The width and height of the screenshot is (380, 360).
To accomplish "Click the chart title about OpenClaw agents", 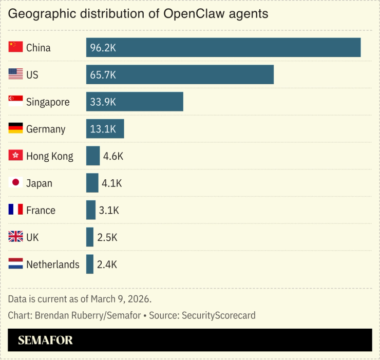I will [138, 14].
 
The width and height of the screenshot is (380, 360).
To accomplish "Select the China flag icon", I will [15, 47].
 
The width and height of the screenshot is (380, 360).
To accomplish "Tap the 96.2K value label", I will [103, 48].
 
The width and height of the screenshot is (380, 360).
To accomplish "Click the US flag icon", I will [15, 74].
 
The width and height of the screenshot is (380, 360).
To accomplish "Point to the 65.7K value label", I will [103, 75].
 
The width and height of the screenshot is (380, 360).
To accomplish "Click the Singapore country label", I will [48, 102].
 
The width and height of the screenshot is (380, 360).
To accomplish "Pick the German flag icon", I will [15, 128].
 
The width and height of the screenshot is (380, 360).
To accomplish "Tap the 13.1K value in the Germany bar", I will [103, 129].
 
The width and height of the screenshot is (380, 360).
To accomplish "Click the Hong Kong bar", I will [93, 156].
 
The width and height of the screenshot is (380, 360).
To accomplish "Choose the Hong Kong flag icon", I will [15, 156].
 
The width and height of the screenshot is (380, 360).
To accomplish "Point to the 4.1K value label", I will [112, 183].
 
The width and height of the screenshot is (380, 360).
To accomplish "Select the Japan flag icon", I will [15, 183].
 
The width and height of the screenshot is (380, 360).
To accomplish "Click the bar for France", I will [91, 210].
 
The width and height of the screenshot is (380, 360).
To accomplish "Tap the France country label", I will [41, 211].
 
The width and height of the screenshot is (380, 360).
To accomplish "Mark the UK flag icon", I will [15, 237].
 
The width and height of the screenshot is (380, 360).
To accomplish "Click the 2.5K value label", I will [107, 237].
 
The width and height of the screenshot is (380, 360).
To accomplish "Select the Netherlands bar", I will [90, 264].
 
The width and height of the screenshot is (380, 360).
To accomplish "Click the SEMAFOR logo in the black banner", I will [45, 340].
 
